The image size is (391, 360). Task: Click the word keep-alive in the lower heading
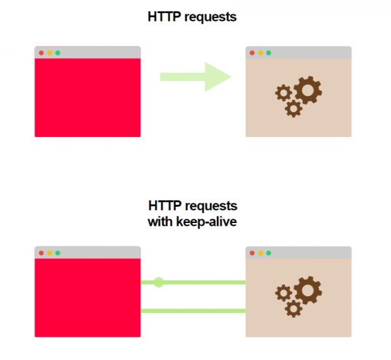click(207, 222)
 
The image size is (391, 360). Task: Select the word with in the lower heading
click(160, 222)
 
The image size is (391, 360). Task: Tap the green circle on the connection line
click(158, 282)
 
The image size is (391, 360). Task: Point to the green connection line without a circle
click(193, 311)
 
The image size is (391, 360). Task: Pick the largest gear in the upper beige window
click(308, 90)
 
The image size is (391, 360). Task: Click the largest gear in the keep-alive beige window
click(308, 290)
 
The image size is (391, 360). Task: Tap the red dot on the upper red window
click(42, 53)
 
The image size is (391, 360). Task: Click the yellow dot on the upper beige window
click(261, 53)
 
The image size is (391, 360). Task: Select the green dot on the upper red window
click(57, 53)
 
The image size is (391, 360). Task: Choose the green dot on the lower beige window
click(268, 253)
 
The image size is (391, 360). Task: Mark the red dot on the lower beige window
click(252, 253)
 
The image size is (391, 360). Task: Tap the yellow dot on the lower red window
click(50, 253)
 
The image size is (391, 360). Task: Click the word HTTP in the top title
click(164, 17)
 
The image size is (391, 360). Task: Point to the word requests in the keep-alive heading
click(211, 206)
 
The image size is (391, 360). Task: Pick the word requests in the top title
click(210, 18)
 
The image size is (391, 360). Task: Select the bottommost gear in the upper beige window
click(293, 108)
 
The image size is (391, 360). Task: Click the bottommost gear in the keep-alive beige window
click(293, 308)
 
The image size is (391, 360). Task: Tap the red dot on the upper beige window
click(252, 53)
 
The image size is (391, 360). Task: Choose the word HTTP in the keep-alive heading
click(165, 205)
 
